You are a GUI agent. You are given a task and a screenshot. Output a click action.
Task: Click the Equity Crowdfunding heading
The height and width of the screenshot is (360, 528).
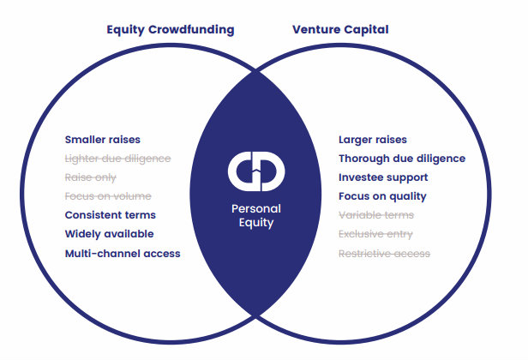pos(170,30)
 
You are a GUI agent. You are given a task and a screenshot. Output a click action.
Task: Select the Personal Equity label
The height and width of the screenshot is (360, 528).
pos(255,215)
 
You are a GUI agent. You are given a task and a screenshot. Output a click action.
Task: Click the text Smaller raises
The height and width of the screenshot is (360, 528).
pos(102,140)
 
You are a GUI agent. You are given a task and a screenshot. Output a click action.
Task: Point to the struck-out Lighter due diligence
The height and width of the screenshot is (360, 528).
pos(117,159)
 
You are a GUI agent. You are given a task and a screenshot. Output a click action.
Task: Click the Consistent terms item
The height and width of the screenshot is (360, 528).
pos(110,215)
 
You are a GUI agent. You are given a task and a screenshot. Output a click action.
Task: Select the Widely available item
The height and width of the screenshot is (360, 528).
pos(109,234)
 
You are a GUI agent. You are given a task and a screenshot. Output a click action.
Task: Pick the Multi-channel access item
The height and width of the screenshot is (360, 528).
pos(123,254)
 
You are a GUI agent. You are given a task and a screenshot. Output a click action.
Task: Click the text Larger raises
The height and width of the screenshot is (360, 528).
pos(373,140)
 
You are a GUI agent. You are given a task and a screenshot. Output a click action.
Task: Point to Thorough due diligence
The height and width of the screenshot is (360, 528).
pos(402,159)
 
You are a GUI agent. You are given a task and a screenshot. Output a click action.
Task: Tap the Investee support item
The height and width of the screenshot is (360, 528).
pos(383,177)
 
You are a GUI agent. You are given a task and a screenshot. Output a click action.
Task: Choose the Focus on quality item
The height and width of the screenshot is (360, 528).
pos(381,196)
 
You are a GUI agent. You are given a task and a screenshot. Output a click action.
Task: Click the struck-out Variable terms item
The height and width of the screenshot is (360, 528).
pos(376,215)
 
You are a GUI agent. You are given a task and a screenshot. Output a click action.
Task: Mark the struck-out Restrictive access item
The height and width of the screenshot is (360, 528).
pos(384,254)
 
